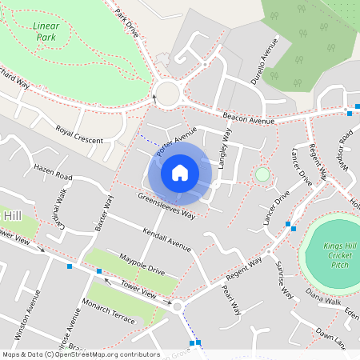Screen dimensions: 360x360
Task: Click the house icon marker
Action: tap(180, 173)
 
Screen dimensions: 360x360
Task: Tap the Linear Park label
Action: tap(46, 31)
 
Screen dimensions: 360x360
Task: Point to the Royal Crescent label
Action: tap(79, 134)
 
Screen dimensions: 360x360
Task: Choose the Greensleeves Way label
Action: tap(166, 205)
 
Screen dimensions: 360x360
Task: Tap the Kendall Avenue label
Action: tap(166, 240)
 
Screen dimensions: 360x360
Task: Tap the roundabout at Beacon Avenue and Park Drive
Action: tap(167, 94)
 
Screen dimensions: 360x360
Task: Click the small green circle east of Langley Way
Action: tap(262, 174)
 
